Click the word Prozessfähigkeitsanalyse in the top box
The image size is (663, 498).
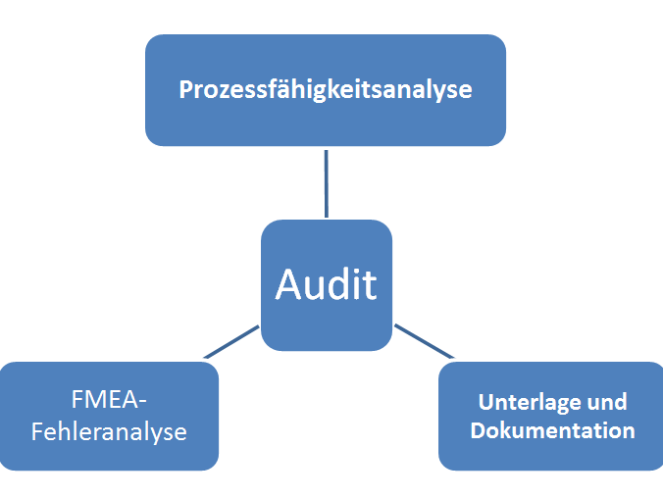coord(326,90)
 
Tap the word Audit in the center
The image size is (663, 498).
coord(326,284)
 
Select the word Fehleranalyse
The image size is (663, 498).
coord(109,431)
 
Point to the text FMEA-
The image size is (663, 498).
coord(109,401)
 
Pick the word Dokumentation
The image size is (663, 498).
coord(552,430)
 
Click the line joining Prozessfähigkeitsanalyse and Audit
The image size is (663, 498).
coord(326,182)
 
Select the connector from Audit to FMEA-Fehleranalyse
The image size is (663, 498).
coord(231,341)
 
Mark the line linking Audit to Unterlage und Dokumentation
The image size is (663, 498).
coord(425,340)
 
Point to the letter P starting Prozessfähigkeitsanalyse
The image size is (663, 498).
coord(185,90)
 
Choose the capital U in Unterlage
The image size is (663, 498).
coord(485,402)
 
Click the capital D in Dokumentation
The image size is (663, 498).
coord(478,430)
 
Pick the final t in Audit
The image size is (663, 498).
coord(370,284)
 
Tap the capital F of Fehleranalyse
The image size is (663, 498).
coord(37,431)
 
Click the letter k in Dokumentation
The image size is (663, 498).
coord(505,430)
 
